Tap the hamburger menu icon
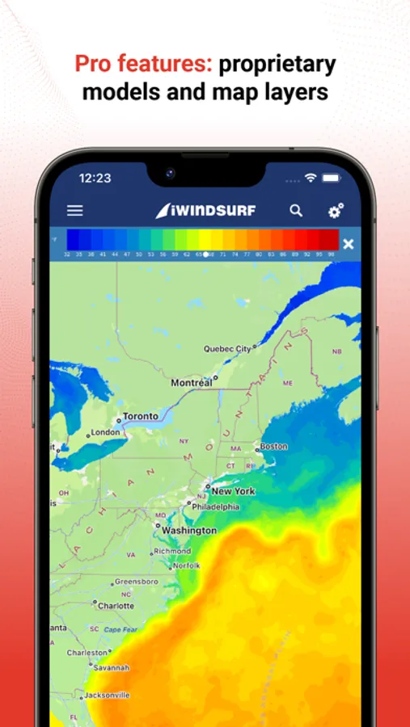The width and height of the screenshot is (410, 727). pyautogui.click(x=74, y=211)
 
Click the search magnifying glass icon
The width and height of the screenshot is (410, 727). pyautogui.click(x=296, y=211)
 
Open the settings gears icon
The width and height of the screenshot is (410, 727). pyautogui.click(x=336, y=211)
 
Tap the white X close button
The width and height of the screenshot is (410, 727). pyautogui.click(x=348, y=244)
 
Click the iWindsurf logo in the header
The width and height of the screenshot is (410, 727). pyautogui.click(x=205, y=211)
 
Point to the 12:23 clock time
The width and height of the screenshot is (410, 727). pyautogui.click(x=95, y=178)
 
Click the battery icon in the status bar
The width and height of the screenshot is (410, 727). pyautogui.click(x=331, y=178)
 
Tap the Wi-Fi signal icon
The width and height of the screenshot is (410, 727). pyautogui.click(x=311, y=178)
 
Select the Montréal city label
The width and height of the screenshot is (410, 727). pyautogui.click(x=192, y=382)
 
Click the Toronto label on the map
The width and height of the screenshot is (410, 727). pyautogui.click(x=140, y=418)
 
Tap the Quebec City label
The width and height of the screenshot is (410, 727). pyautogui.click(x=226, y=349)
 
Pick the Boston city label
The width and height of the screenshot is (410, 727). pyautogui.click(x=273, y=446)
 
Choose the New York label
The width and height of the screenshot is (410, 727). pyautogui.click(x=233, y=490)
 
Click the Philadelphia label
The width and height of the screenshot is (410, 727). pyautogui.click(x=215, y=506)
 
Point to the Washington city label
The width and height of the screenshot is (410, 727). pyautogui.click(x=189, y=531)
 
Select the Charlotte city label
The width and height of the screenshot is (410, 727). pyautogui.click(x=116, y=605)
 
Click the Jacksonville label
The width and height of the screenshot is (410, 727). pyautogui.click(x=106, y=694)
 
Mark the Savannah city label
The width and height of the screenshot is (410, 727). pyautogui.click(x=112, y=667)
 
